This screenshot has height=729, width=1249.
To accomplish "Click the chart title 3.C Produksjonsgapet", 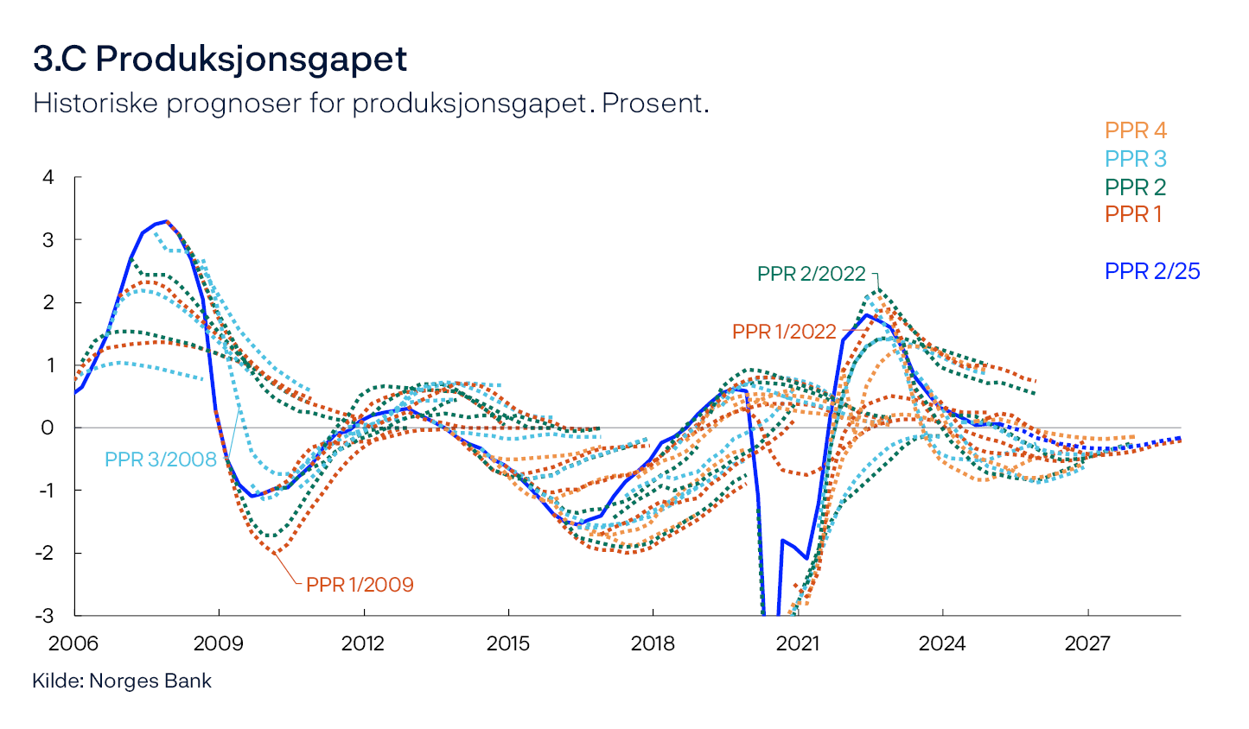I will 220,60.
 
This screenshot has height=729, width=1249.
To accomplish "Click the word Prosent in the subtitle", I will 654,104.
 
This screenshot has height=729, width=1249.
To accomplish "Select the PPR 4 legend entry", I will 1135,131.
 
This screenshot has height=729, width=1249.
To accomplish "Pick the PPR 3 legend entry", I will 1135,159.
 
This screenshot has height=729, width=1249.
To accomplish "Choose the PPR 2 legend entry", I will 1135,187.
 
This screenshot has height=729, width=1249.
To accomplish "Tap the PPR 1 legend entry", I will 1133,214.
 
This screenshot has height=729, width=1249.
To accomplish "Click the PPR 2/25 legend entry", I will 1152,271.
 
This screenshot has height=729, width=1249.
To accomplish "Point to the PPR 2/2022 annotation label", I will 811,274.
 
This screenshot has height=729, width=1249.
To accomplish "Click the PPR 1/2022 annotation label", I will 784,332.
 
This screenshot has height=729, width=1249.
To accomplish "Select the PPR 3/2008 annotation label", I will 161,460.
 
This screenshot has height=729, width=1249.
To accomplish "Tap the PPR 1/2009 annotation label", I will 360,585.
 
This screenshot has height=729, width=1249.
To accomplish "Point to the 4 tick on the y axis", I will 48,177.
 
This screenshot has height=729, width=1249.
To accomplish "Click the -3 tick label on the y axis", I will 45,616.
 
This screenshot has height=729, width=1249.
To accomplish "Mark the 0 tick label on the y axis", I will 48,428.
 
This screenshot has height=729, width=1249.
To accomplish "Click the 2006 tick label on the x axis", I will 74,643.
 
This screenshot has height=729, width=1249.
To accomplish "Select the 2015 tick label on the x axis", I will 508,643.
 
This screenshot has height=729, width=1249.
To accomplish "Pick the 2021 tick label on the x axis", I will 798,643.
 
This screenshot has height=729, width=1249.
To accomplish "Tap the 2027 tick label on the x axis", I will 1087,643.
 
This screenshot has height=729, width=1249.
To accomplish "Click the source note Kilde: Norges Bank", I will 122,681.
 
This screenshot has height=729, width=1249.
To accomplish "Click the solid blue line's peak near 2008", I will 166,221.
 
